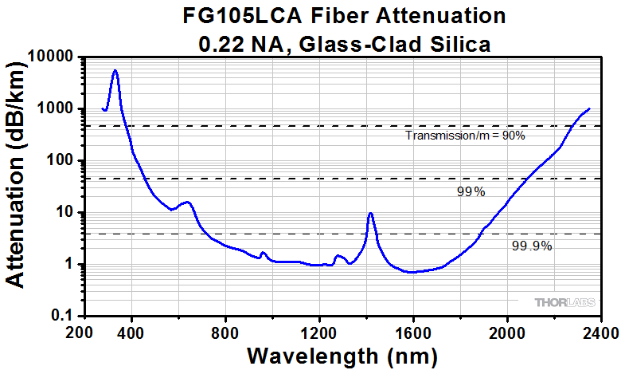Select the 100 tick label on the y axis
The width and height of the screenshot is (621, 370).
pos(57,160)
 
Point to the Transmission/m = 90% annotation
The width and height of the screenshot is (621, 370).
pos(465,136)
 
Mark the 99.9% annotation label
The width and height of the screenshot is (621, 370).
pos(531,246)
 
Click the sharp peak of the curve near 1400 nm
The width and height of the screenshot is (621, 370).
pos(370,213)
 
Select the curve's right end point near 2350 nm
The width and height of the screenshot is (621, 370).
pos(589,108)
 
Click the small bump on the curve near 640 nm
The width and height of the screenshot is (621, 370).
pos(187,202)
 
